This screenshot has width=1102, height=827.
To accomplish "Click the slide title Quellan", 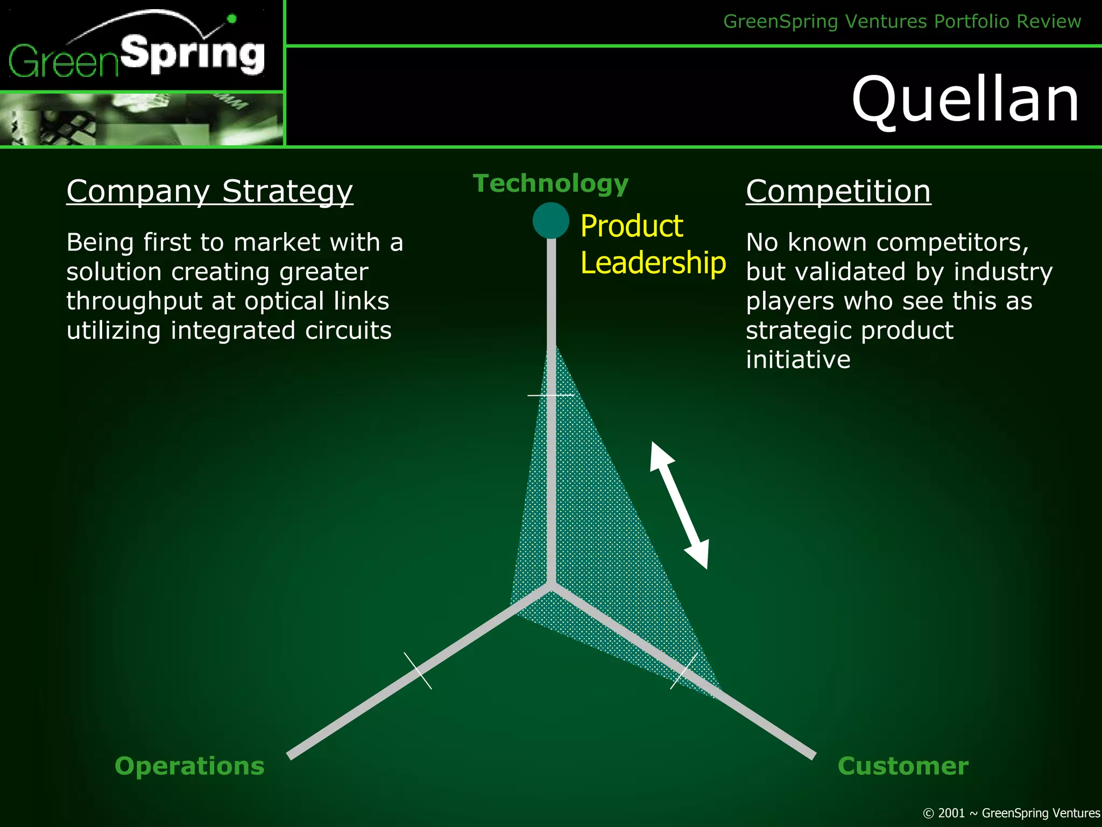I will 965,100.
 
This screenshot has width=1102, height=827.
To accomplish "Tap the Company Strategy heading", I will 209,192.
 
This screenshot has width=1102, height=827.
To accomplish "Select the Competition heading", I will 838,192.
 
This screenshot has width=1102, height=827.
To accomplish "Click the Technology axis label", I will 550,184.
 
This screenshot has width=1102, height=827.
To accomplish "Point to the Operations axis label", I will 189,766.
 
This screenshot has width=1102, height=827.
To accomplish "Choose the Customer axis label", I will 902,766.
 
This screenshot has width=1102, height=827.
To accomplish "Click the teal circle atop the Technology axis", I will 550,220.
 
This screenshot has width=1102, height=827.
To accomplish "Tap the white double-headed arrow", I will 679,505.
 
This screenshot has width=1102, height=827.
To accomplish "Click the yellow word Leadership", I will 653,263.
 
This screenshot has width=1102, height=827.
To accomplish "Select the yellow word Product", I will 632,226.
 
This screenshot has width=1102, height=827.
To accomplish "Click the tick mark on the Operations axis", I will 418,670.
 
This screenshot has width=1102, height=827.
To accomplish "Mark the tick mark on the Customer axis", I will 684,670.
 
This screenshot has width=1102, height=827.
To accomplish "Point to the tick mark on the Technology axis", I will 550,395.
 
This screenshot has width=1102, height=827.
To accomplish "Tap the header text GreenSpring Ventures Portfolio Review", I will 901,22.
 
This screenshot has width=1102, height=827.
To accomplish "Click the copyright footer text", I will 1011,813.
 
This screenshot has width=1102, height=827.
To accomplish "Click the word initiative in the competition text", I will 798,360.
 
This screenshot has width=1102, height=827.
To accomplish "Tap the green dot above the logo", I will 232,19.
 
